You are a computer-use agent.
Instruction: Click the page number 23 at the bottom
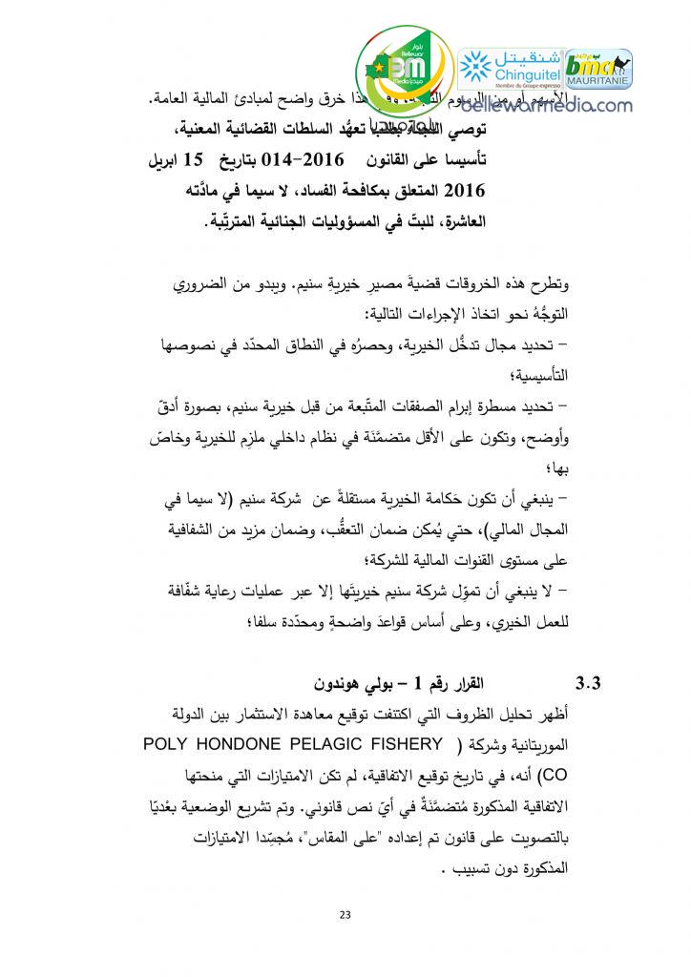[345, 916]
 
